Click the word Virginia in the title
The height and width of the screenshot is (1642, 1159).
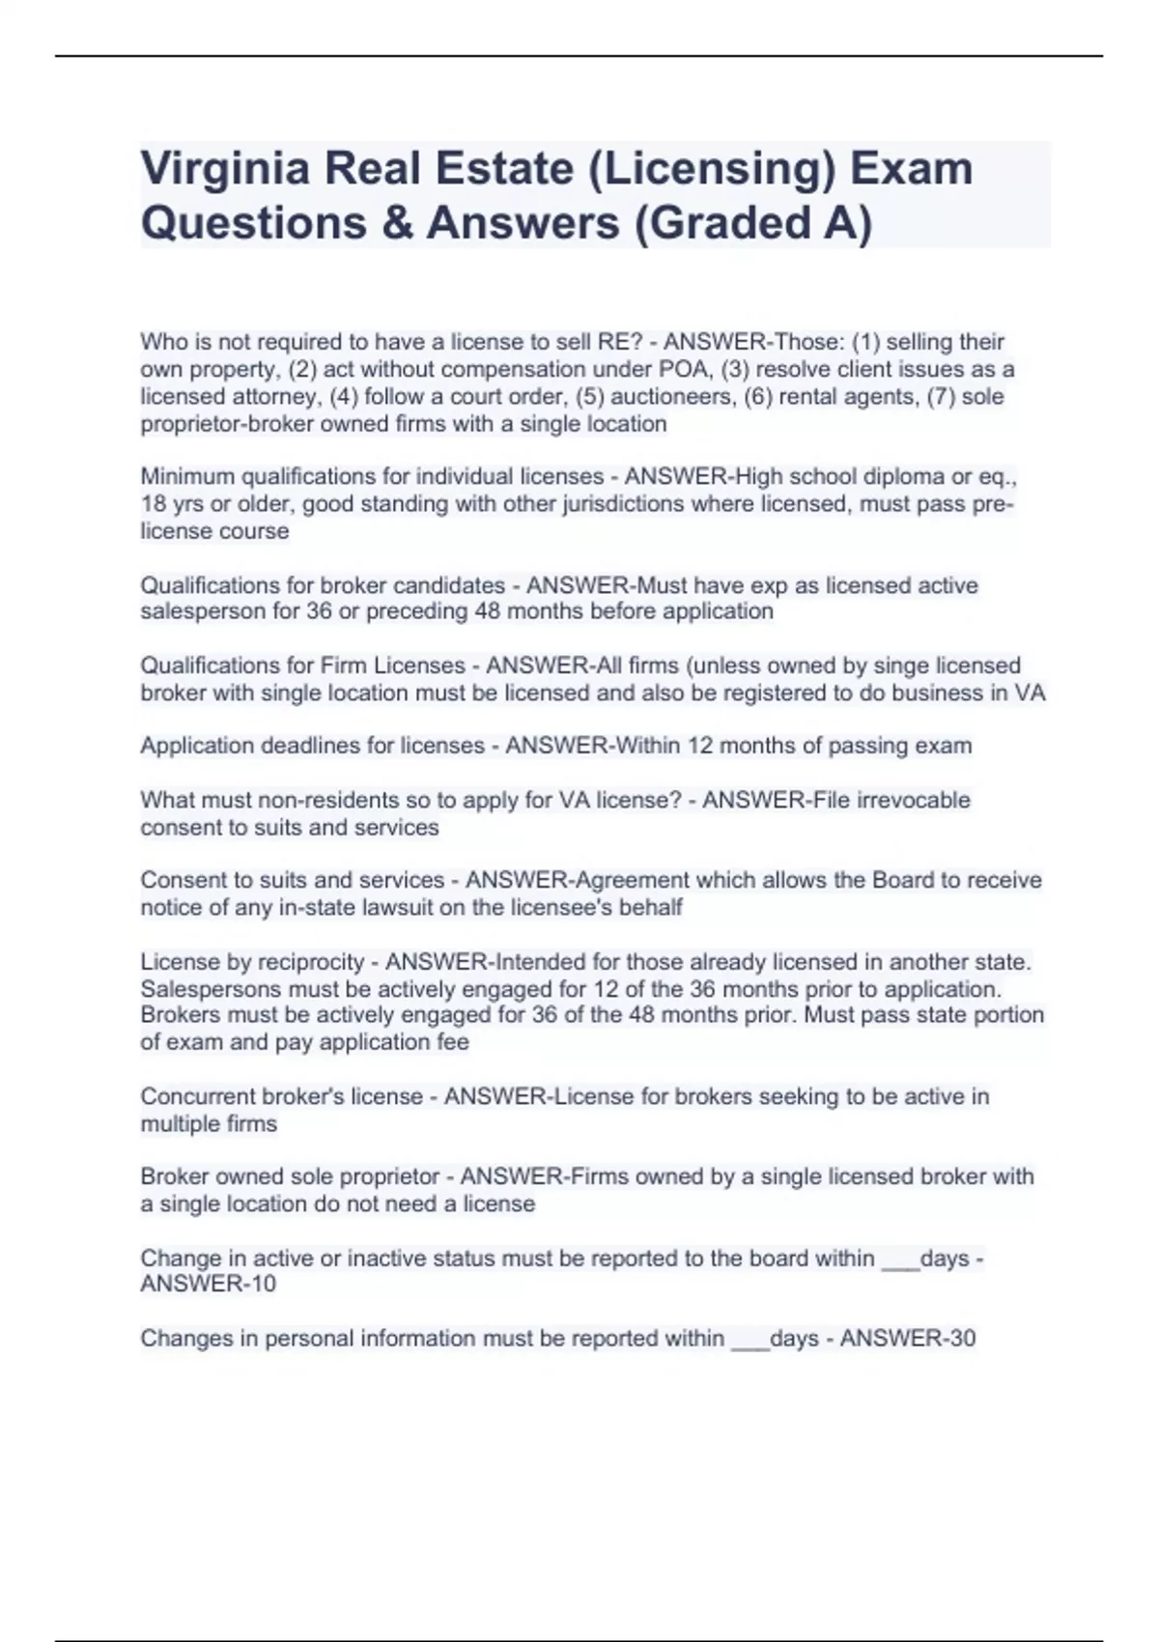(x=224, y=170)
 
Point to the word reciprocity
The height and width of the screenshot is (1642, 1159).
(x=311, y=962)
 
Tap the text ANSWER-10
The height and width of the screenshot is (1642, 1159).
(x=208, y=1284)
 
